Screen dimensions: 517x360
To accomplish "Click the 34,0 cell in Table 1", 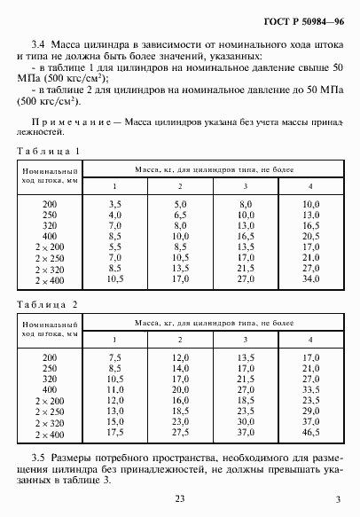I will pos(310,278).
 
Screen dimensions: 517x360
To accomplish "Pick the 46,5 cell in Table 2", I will pos(310,435).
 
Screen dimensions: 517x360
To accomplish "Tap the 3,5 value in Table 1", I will pos(115,204).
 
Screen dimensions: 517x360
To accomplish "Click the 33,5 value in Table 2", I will pos(310,388).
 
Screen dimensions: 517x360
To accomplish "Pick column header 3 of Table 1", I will pos(245,184).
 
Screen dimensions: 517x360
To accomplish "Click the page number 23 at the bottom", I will pos(179,499).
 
